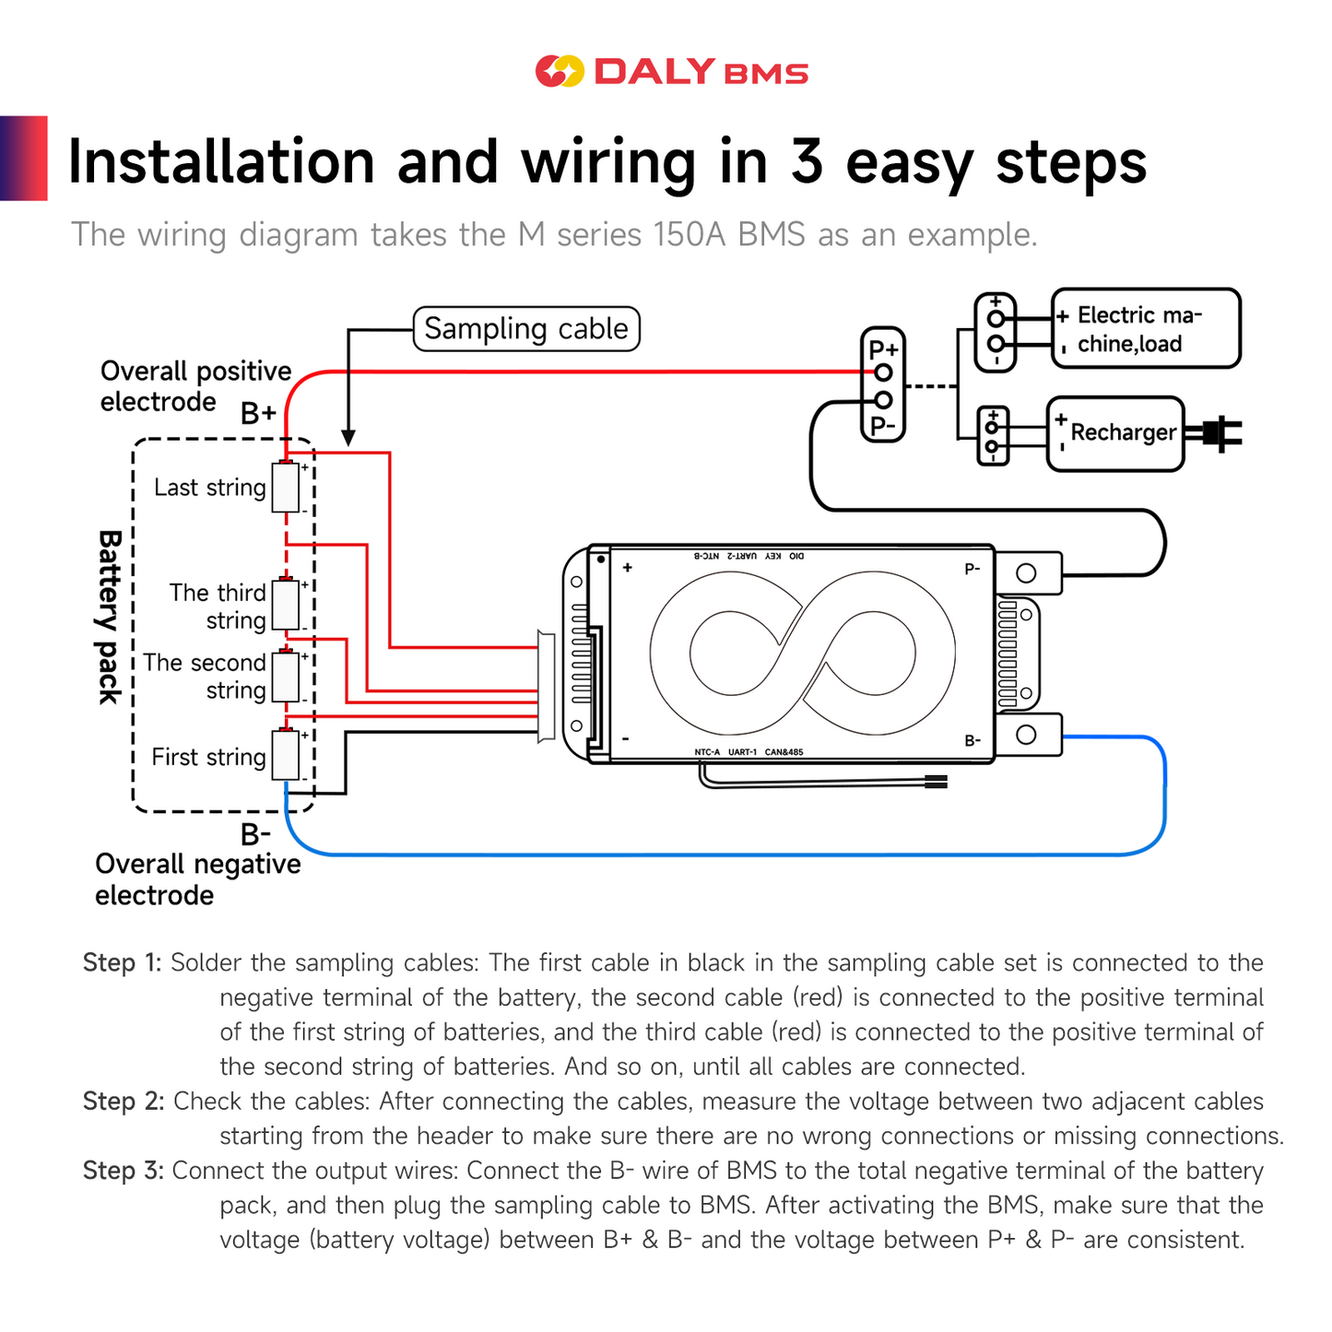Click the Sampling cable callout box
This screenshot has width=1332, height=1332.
(x=525, y=329)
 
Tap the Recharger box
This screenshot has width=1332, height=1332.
(x=1115, y=433)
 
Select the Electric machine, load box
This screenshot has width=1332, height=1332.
(x=1146, y=329)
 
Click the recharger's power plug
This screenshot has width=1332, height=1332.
(x=1217, y=433)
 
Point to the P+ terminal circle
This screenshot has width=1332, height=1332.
(x=883, y=372)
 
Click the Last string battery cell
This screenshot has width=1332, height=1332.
(x=286, y=487)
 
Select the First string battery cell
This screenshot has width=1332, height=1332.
(x=286, y=756)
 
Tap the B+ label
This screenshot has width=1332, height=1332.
(x=258, y=414)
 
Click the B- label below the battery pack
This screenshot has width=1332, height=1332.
(x=255, y=834)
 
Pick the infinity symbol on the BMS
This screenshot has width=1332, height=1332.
(x=802, y=653)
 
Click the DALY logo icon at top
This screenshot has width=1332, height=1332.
(x=560, y=71)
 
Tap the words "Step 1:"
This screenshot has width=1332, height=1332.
(x=122, y=963)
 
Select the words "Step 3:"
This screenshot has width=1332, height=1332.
(x=123, y=1171)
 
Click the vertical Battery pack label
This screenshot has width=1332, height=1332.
(x=110, y=617)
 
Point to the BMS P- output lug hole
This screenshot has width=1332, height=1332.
(x=1026, y=573)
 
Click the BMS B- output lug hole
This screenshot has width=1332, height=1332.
(x=1026, y=735)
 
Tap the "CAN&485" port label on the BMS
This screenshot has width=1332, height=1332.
(x=784, y=752)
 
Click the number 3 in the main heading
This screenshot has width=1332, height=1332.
(x=807, y=162)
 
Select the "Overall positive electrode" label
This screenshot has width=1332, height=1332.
(x=195, y=386)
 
